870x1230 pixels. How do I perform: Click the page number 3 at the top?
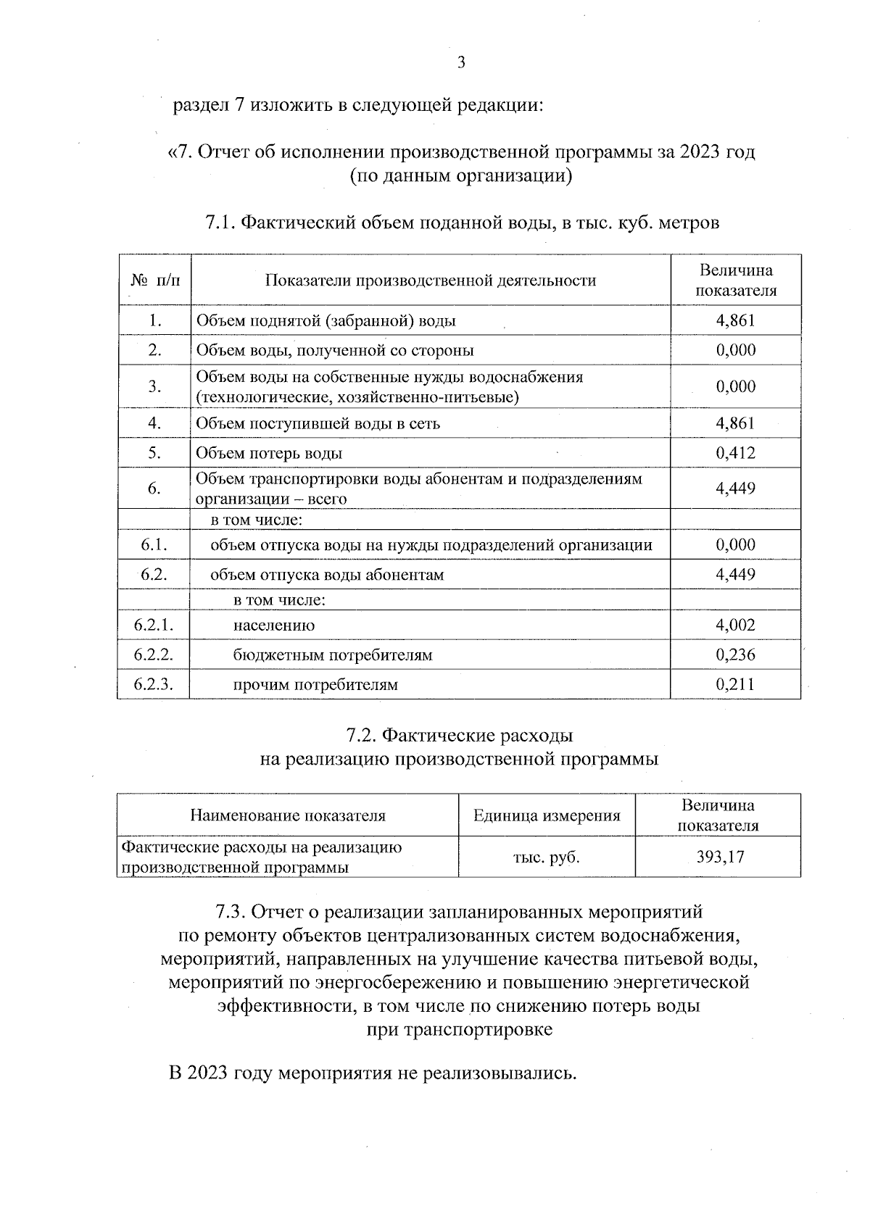[x=461, y=62]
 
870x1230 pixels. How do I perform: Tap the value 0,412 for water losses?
[x=735, y=453]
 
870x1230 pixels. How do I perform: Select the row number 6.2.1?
[x=153, y=625]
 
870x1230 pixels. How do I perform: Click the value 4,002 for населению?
[x=735, y=625]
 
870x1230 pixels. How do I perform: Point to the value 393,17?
[x=720, y=857]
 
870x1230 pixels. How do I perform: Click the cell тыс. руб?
[x=547, y=857]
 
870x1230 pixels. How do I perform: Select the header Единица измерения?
[x=547, y=816]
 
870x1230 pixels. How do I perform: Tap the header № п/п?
[x=154, y=280]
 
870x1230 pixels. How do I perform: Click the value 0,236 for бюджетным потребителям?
[x=735, y=655]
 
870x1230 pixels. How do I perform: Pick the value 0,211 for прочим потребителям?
[x=735, y=684]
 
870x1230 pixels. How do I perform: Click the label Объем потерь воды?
[x=269, y=454]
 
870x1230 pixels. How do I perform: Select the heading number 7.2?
[x=360, y=736]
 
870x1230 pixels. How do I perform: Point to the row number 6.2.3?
[x=153, y=684]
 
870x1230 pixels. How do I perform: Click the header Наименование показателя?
[x=288, y=816]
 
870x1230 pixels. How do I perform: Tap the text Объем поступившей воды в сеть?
[x=318, y=423]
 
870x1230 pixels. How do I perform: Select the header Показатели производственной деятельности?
[x=430, y=281]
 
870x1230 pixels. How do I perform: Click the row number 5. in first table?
[x=154, y=453]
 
